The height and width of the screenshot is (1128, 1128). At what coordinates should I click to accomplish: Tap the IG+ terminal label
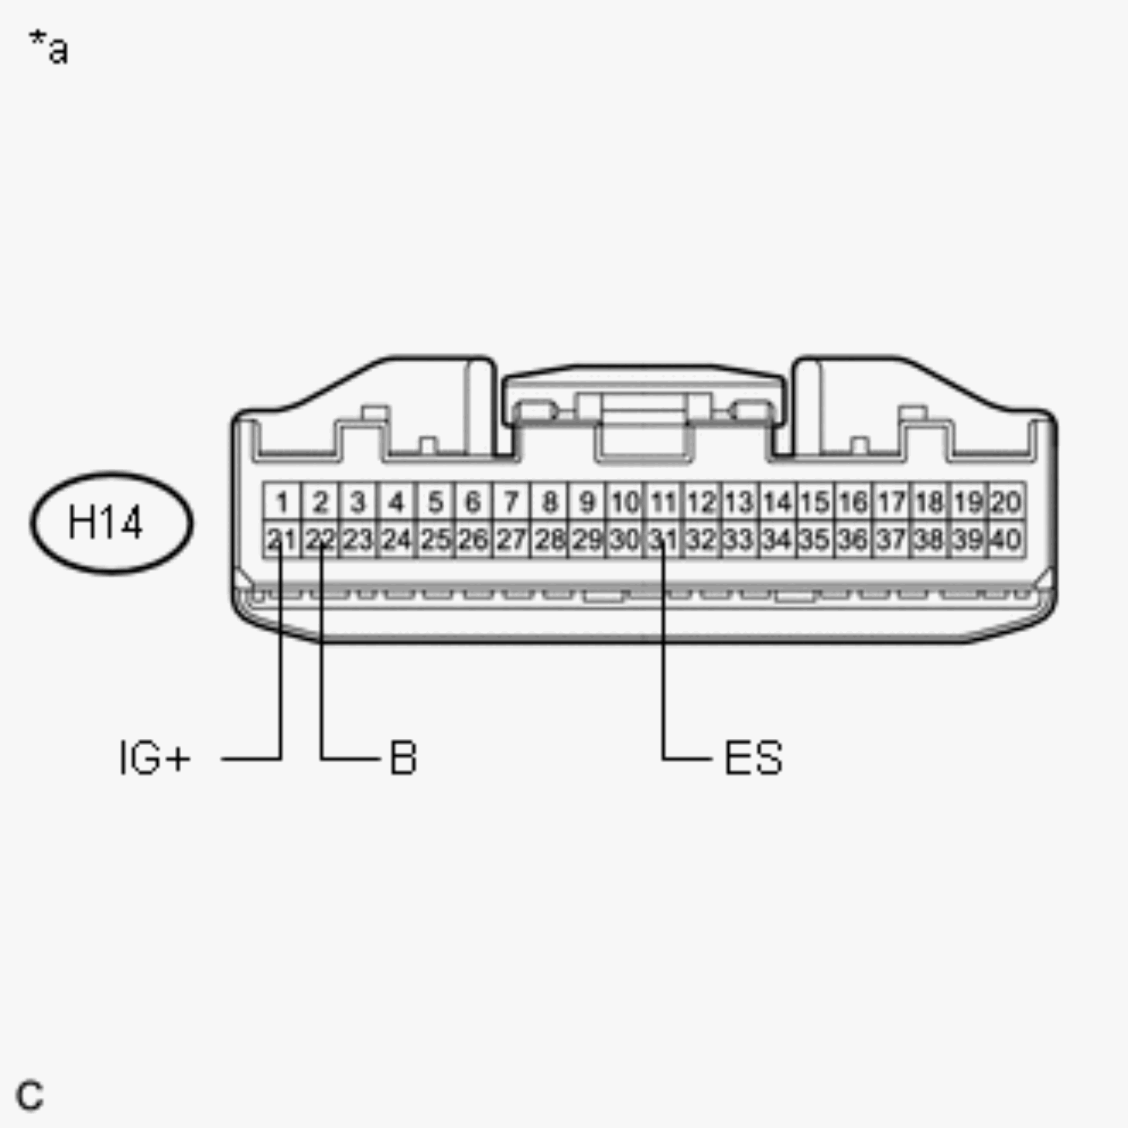[x=155, y=758]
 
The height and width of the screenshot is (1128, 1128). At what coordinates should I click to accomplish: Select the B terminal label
[x=403, y=758]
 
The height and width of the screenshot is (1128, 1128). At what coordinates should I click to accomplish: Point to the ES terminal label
[x=753, y=758]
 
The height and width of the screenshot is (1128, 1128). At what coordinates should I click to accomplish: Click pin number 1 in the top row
[x=282, y=502]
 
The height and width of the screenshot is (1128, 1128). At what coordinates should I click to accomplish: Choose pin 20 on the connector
[x=1007, y=502]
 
